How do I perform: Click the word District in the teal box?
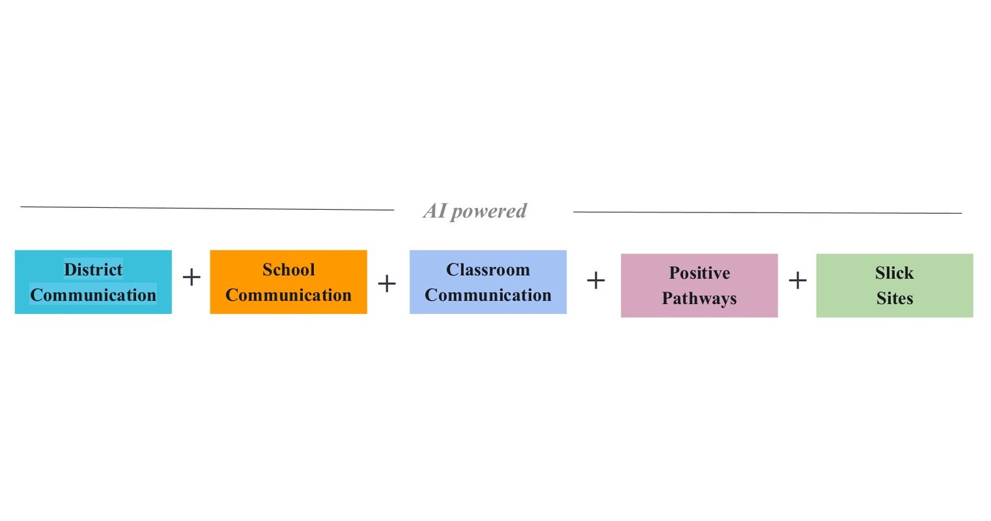coord(93,269)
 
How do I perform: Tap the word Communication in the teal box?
coord(93,295)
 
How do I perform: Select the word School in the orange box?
coord(288,269)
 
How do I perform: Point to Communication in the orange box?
coord(288,295)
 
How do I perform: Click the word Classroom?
coord(488,269)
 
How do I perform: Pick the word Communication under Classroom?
coord(488,295)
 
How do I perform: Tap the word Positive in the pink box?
coord(699,273)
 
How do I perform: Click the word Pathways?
coord(699,298)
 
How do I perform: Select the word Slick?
coord(894,273)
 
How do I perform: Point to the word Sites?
coord(894,298)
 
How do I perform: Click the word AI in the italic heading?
coord(434,210)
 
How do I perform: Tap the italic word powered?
coord(489,211)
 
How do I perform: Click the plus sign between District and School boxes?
coord(191,277)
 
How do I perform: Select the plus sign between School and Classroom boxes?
coord(387,283)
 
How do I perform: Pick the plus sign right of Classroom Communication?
coord(595,280)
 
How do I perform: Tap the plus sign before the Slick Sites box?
coord(797,280)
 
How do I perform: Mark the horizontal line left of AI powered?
coord(207,209)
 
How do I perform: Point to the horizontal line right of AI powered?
coord(767,212)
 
